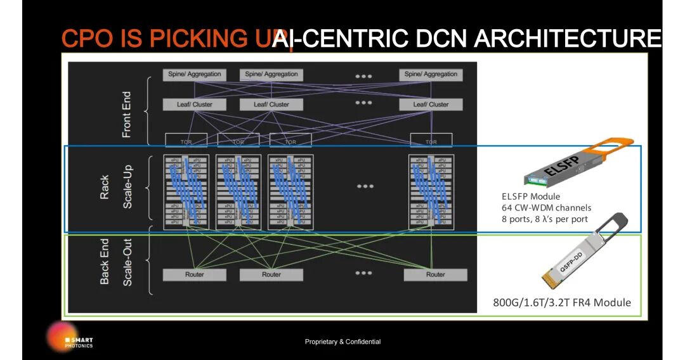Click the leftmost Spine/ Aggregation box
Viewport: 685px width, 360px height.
(195, 74)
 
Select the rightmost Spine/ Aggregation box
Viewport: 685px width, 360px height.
(431, 74)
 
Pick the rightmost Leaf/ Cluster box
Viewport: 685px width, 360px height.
(431, 105)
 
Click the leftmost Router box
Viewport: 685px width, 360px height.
(195, 275)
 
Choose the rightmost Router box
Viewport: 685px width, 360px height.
(435, 275)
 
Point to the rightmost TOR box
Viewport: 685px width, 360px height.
(431, 141)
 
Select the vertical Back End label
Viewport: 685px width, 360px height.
(105, 261)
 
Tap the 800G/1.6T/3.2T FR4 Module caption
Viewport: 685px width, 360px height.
(562, 302)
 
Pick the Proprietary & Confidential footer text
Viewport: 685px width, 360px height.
(342, 342)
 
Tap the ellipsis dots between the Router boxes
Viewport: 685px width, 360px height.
(363, 273)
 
